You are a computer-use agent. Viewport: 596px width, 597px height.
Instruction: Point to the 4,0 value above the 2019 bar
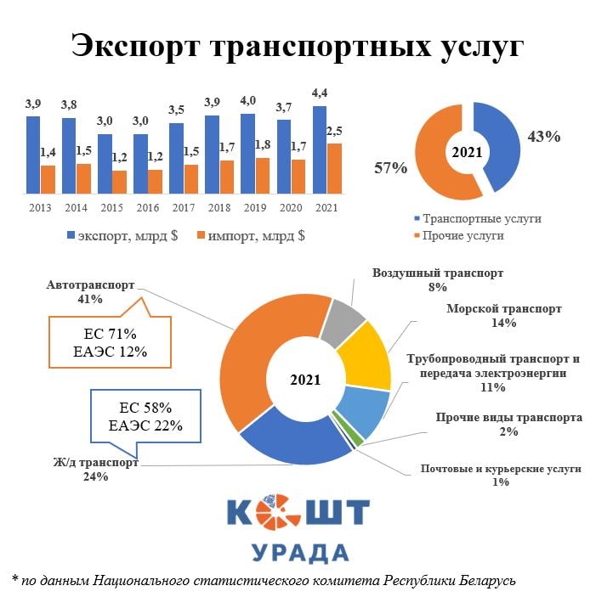(247, 102)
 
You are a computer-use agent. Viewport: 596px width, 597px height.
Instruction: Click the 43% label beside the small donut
(544, 136)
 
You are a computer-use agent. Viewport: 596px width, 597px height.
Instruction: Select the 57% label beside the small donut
(391, 167)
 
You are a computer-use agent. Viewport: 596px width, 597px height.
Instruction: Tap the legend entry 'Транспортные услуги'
(481, 218)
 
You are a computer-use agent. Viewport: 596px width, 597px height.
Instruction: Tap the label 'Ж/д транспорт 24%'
(96, 470)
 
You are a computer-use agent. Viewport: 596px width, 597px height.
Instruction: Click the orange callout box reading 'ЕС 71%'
(110, 341)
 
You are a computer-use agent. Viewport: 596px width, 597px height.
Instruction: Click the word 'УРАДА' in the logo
(300, 552)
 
